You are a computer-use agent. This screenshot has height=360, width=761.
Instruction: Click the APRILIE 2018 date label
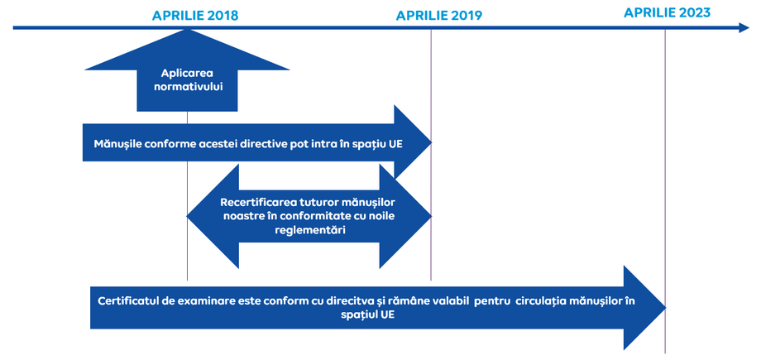[x=195, y=16]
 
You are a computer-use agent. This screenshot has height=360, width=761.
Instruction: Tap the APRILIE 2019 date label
[x=439, y=16]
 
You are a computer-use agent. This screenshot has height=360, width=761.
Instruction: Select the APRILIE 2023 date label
[x=667, y=12]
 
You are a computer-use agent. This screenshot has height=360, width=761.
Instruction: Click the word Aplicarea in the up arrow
[x=187, y=74]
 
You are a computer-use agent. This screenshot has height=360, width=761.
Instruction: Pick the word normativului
[x=187, y=89]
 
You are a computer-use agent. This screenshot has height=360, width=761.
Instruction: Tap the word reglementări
[x=309, y=230]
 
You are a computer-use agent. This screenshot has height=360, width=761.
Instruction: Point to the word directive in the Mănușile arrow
[x=261, y=144]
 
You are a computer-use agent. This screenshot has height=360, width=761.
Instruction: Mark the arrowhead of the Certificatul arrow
[x=644, y=308]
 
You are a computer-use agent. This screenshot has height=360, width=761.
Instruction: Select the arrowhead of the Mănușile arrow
[x=413, y=142]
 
